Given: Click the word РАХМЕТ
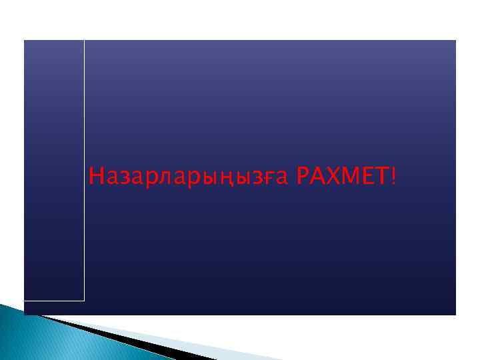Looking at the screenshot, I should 343,177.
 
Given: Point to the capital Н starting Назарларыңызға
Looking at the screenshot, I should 96,177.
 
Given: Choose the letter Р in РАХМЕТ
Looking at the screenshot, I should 301,177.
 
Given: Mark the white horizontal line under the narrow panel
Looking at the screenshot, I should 54,301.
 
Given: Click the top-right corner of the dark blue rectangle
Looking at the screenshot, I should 455,41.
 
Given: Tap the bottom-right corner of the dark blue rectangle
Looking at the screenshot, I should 455,314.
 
